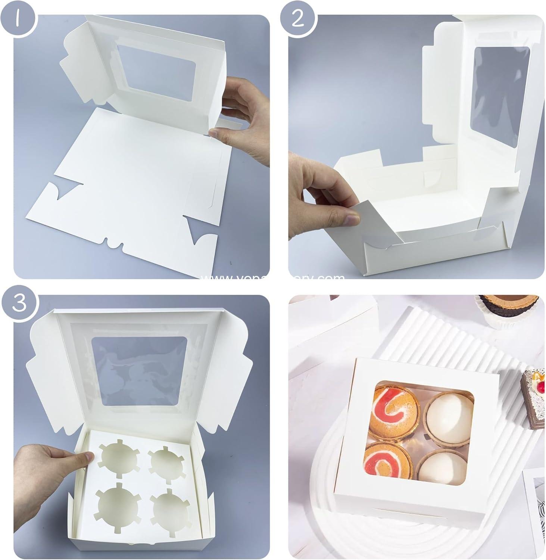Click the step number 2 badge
tap(297, 18)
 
